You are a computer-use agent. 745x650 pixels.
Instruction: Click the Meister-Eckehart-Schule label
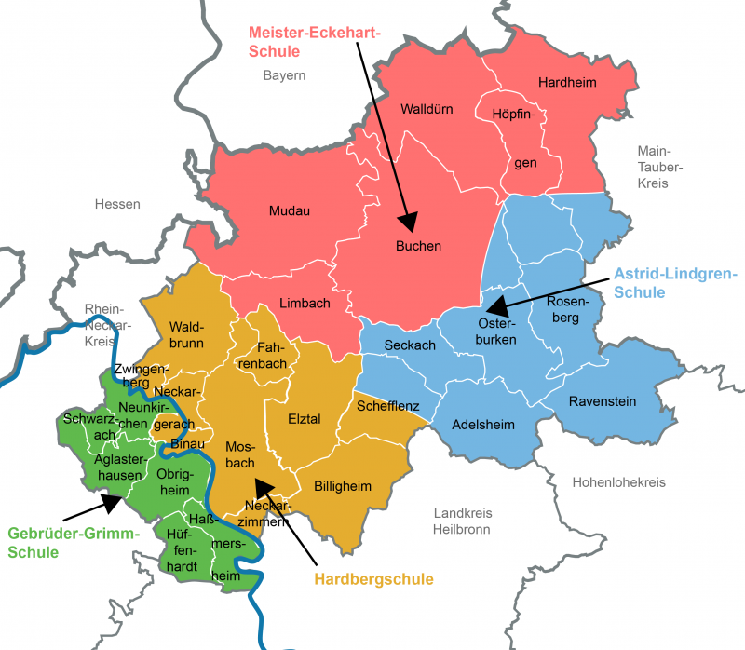[x=315, y=42]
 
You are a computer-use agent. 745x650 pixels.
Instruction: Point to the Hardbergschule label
[x=373, y=579]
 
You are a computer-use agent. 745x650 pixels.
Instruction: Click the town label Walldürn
[x=427, y=109]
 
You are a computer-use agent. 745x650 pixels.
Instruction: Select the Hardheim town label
[x=566, y=83]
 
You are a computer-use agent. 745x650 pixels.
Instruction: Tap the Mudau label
[x=289, y=210]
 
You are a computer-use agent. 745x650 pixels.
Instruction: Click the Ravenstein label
[x=603, y=401]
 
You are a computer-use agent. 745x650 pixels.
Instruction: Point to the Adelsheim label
[x=482, y=425]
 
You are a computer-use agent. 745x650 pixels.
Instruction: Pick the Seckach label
[x=411, y=345]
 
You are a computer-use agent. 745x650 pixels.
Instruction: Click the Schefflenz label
[x=388, y=406]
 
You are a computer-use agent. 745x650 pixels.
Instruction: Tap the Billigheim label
[x=342, y=486]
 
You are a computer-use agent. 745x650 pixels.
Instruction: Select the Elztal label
[x=304, y=419]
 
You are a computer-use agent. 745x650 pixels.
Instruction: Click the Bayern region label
[x=284, y=75]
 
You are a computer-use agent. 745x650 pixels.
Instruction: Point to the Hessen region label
[x=117, y=204]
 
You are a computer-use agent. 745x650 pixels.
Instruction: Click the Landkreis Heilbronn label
[x=463, y=521]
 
